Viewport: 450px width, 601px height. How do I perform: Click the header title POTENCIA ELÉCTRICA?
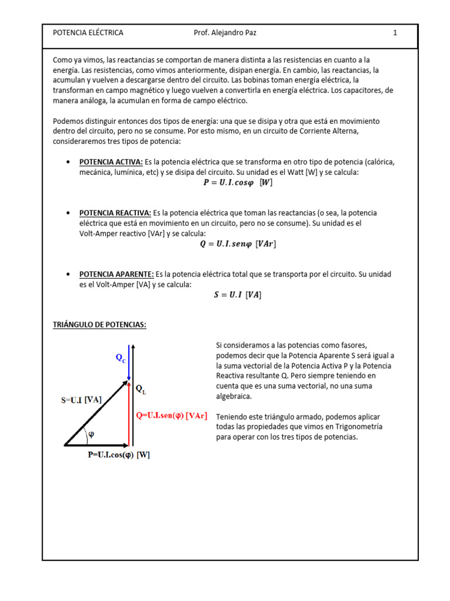88,33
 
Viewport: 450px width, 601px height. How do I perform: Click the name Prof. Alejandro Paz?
224,33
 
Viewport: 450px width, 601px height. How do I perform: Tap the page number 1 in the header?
395,33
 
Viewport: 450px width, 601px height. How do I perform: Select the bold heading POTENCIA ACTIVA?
111,162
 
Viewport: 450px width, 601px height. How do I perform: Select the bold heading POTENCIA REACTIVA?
115,213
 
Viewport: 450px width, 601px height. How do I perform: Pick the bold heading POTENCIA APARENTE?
117,275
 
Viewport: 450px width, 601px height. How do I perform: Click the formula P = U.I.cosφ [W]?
237,183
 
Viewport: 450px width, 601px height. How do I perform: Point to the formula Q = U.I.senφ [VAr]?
237,245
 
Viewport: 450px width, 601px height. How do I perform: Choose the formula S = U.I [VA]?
237,295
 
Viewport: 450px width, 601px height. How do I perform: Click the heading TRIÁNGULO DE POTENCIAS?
100,325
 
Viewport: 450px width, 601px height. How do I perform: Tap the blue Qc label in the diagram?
120,358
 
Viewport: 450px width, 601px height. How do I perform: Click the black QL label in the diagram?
141,389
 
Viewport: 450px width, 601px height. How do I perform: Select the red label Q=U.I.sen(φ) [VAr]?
171,416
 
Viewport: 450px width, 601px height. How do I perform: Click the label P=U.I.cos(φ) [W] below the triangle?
115,455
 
